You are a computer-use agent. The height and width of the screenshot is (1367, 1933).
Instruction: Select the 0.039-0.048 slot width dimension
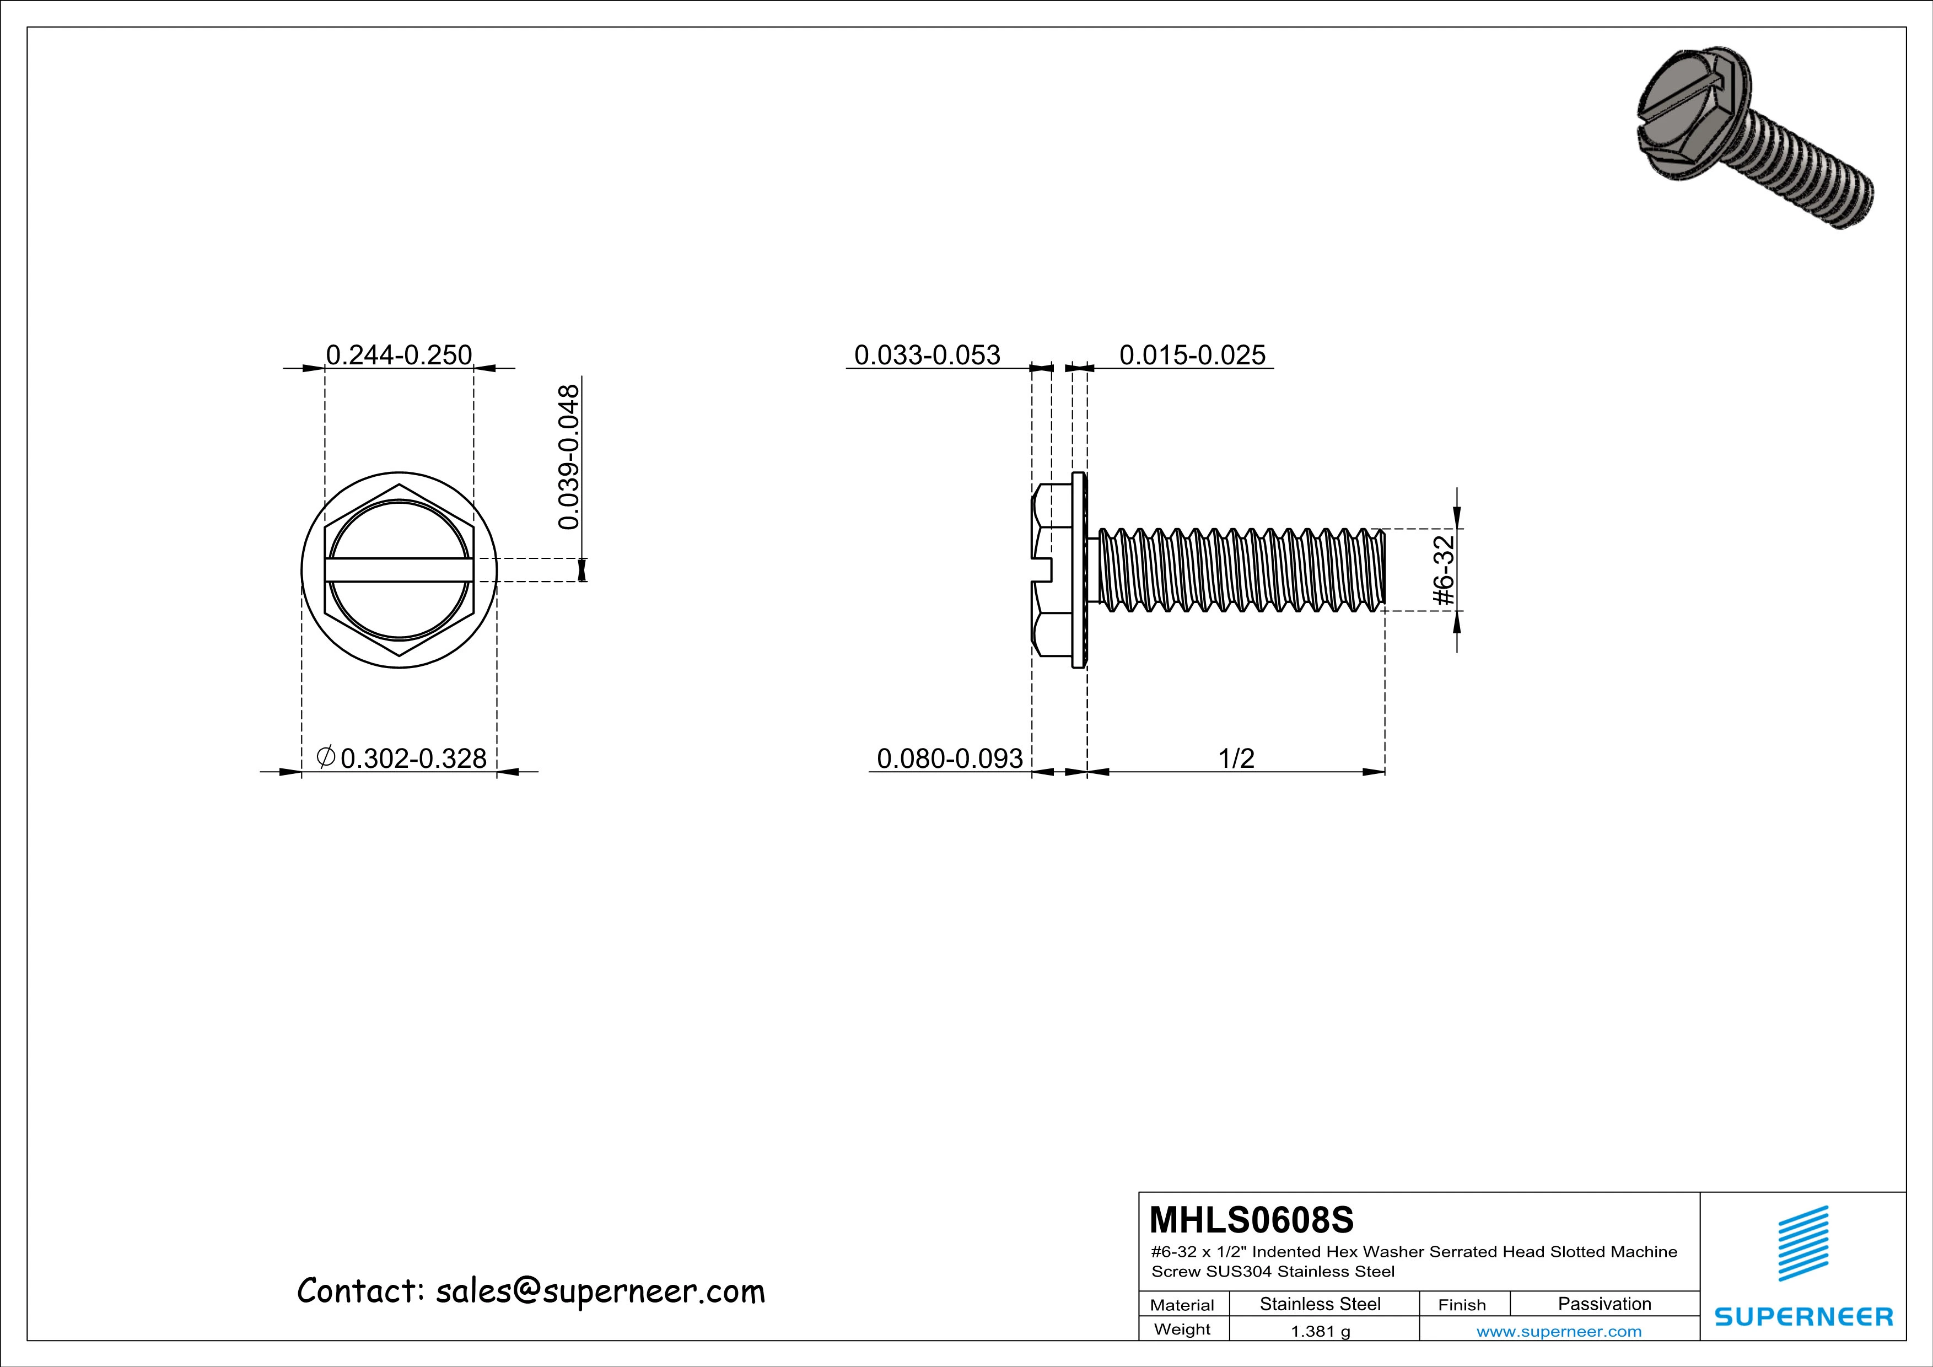tap(570, 457)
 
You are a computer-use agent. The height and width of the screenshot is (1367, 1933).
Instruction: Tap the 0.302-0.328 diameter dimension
tap(402, 758)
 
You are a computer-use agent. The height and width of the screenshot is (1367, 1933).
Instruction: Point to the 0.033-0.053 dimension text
tap(927, 355)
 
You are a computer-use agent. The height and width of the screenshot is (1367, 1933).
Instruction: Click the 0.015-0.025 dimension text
tap(1191, 355)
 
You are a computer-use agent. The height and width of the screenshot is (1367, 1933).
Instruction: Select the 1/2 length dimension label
tap(1236, 758)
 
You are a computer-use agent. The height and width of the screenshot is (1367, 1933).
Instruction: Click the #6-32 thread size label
tap(1445, 570)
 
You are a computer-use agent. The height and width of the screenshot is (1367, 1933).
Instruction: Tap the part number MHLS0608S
tap(1251, 1219)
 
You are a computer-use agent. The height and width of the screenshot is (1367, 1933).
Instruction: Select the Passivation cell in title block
tap(1604, 1304)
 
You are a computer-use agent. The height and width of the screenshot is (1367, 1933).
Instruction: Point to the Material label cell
tap(1182, 1305)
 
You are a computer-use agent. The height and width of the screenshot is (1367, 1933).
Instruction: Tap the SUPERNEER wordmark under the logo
tap(1803, 1316)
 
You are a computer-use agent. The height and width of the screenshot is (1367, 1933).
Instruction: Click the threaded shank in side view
tap(1237, 570)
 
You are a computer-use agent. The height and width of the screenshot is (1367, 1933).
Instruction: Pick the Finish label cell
tap(1462, 1305)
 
